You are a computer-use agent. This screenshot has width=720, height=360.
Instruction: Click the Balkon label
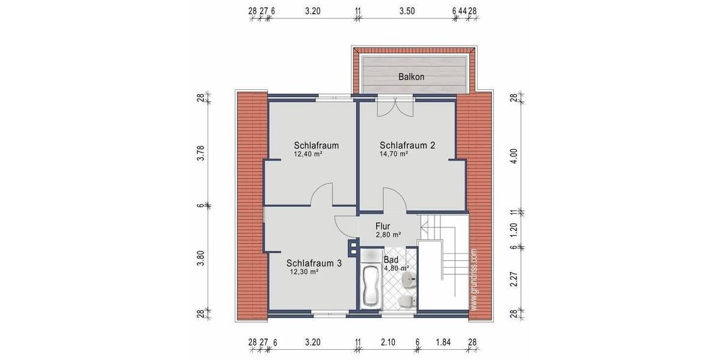412,77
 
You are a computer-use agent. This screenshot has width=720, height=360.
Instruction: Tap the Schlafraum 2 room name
407,145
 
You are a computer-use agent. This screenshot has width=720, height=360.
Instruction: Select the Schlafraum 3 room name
314,263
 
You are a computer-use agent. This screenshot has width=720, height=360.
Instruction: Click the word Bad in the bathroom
391,259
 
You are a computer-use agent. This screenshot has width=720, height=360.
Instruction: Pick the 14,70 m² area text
394,154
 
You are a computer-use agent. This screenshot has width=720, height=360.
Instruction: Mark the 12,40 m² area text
308,154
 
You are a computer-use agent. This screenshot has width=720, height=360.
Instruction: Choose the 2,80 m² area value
388,235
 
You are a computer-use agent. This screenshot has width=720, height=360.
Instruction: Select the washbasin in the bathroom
409,279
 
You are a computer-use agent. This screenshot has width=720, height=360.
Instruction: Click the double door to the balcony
395,107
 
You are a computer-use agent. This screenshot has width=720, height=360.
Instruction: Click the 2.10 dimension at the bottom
388,343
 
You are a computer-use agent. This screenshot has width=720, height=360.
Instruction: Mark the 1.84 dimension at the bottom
444,343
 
